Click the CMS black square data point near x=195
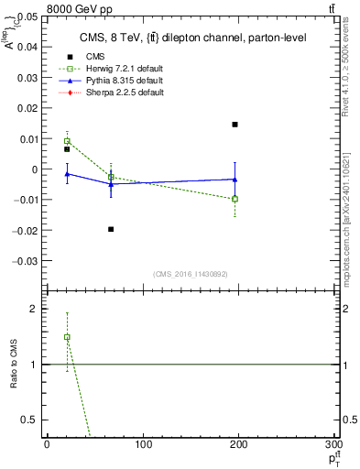pyautogui.click(x=235, y=125)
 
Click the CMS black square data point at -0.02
pyautogui.click(x=111, y=229)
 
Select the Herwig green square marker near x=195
pyautogui.click(x=235, y=199)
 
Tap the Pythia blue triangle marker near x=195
pyautogui.click(x=235, y=180)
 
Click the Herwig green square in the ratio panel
pyautogui.click(x=67, y=337)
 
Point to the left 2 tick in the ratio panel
pyautogui.click(x=36, y=310)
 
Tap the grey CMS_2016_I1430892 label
pyautogui.click(x=191, y=273)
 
